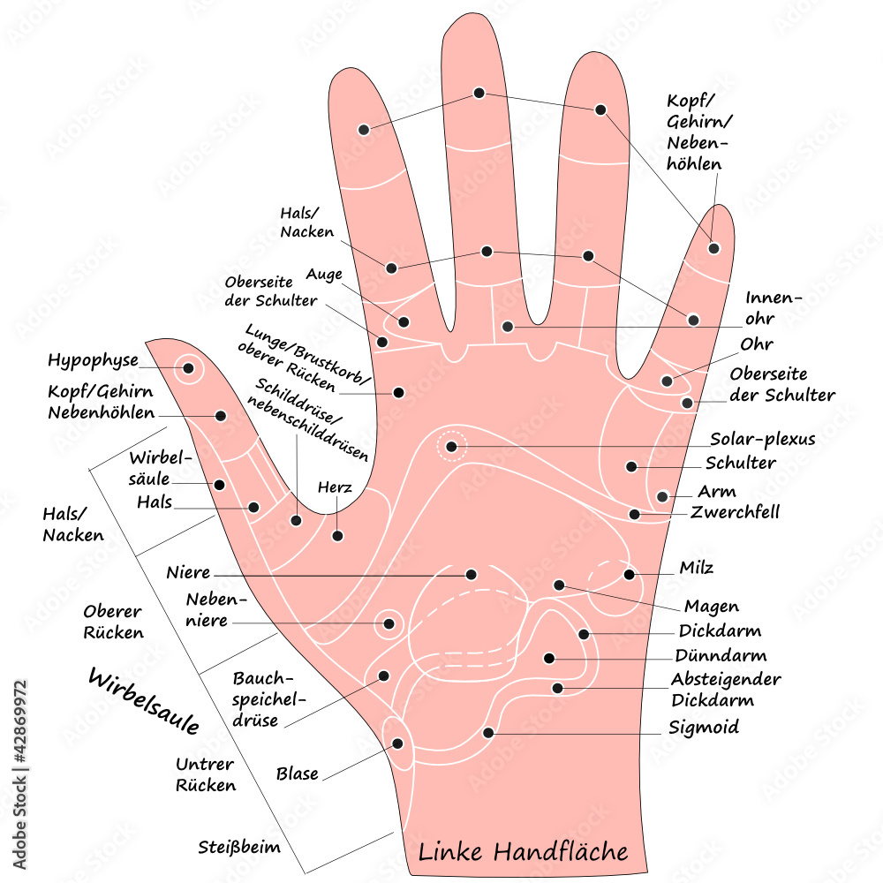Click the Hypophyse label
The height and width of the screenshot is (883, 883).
[93, 361]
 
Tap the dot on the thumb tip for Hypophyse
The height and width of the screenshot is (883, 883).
[188, 367]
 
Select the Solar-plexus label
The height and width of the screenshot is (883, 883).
[763, 439]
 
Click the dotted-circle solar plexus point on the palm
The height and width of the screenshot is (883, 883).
[451, 447]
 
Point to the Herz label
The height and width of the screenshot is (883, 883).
[336, 487]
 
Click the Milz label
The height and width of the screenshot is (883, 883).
[697, 568]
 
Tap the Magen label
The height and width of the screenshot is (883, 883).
[712, 607]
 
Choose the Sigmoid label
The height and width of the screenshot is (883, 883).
[705, 728]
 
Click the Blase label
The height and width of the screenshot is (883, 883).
[297, 774]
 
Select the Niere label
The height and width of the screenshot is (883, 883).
[188, 572]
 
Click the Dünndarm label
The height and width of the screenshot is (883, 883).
[721, 656]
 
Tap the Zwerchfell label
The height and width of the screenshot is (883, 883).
[736, 512]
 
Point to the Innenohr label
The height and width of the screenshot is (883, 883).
[774, 308]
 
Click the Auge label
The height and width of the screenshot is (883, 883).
[324, 275]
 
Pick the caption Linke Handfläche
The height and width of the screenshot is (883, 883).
[523, 853]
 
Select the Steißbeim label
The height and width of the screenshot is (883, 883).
[238, 848]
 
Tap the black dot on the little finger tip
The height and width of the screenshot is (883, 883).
[713, 248]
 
